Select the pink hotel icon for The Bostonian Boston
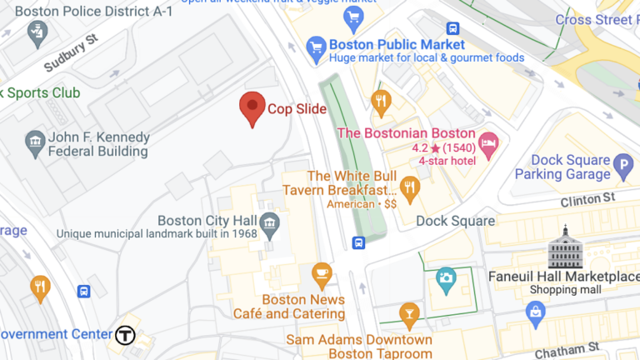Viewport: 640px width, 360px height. point(488,142)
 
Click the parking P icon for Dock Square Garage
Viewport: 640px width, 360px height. point(622,167)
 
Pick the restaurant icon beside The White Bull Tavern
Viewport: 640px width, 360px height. point(409,185)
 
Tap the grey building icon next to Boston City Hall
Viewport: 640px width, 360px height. point(268,222)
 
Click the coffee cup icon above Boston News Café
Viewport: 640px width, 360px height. point(322,273)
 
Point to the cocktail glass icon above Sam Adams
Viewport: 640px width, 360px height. point(408,315)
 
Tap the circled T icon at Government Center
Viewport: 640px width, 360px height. point(125,335)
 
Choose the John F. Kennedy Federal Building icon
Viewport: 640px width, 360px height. point(35,143)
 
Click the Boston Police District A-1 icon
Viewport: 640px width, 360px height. point(37,32)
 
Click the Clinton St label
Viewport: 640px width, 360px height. point(587,198)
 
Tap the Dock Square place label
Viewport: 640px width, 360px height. point(455,221)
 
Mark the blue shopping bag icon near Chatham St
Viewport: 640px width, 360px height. point(536,313)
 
